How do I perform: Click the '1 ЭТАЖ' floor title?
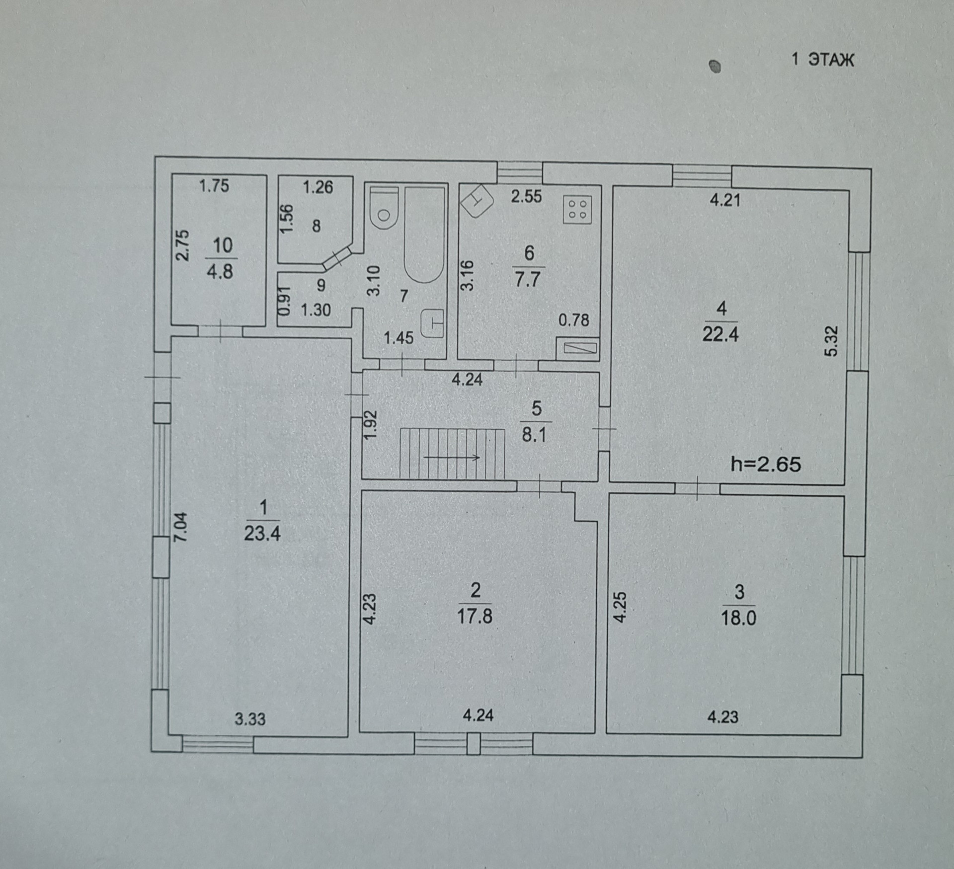click(x=822, y=60)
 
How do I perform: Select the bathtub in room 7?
click(x=424, y=234)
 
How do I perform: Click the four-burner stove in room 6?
click(x=577, y=209)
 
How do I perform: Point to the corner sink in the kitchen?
click(x=477, y=201)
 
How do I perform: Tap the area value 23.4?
click(x=262, y=534)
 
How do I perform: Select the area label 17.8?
click(x=475, y=617)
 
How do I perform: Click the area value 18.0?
click(x=739, y=618)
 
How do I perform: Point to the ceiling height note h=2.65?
click(x=766, y=464)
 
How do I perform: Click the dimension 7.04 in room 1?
click(x=182, y=527)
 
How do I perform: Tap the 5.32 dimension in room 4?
click(x=831, y=340)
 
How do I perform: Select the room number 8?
click(x=316, y=226)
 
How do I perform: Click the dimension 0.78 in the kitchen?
click(x=573, y=320)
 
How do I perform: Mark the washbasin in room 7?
click(x=432, y=323)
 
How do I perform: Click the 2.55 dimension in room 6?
click(x=527, y=196)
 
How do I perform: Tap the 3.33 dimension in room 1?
click(x=250, y=718)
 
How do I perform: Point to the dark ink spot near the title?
click(x=715, y=66)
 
